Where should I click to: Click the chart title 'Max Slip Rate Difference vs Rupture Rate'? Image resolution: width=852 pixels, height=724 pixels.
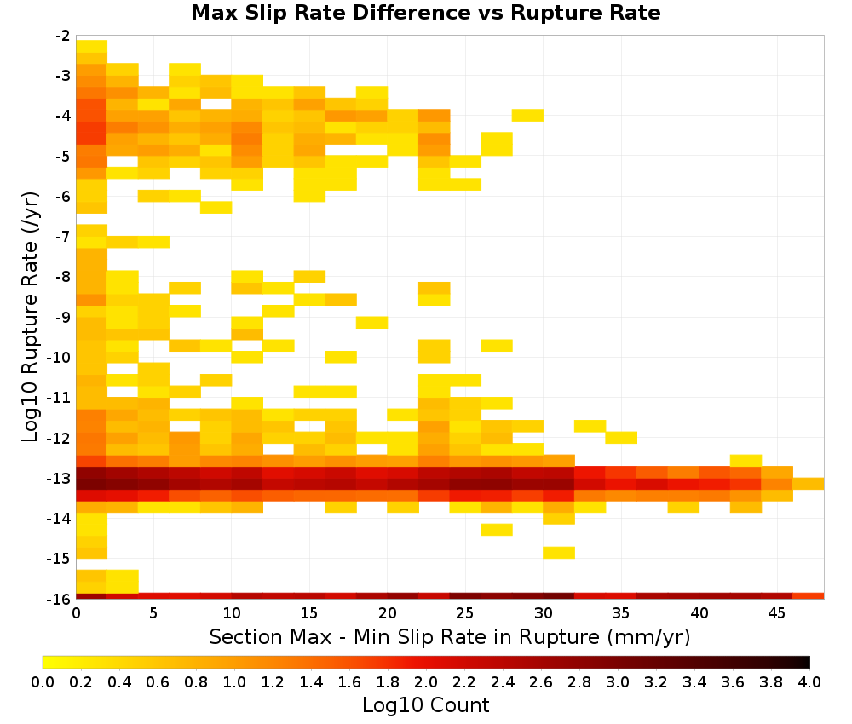pos(425,13)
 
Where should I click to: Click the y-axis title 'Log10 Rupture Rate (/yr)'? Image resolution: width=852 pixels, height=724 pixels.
pos(30,317)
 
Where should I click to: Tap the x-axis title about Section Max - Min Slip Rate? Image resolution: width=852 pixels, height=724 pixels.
pos(449,636)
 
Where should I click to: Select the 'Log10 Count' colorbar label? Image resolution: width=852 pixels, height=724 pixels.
pos(425,705)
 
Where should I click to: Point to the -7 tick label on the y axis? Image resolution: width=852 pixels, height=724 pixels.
pos(62,236)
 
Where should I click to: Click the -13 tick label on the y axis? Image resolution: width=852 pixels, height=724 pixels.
pos(59,479)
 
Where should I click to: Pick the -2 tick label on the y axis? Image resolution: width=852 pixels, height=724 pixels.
pos(62,36)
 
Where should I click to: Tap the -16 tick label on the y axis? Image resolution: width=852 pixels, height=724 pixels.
pos(59,599)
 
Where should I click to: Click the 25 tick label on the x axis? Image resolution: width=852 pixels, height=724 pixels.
pos(465,613)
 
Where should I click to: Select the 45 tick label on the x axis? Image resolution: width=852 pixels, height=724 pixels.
pos(777,613)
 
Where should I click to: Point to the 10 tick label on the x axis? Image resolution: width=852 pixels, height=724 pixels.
pos(232,613)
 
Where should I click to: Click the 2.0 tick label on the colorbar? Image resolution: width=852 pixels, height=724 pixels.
pos(426,681)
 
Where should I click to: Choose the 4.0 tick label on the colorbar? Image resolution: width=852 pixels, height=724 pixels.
pos(809,681)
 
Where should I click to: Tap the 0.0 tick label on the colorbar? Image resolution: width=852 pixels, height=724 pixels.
pos(43,681)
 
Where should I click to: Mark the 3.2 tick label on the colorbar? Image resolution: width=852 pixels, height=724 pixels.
pos(656,681)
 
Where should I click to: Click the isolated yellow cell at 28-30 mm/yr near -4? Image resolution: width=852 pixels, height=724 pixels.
pos(527,115)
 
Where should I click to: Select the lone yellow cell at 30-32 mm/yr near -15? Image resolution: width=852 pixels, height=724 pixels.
pos(559,552)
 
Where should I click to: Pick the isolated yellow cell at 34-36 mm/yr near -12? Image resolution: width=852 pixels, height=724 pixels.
pos(621,437)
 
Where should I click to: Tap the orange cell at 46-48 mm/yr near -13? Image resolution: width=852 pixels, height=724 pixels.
pos(809,484)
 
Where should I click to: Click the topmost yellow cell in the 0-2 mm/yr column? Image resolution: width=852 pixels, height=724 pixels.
pos(92,46)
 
